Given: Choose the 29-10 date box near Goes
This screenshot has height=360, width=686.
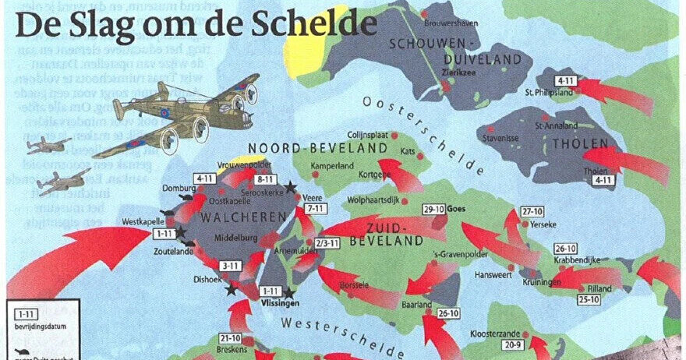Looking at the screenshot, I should pyautogui.click(x=433, y=209).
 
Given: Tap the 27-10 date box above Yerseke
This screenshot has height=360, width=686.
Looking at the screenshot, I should pyautogui.click(x=533, y=212).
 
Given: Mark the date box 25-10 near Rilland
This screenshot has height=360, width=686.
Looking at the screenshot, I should pyautogui.click(x=588, y=298).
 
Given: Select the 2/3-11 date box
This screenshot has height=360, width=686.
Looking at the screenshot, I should pyautogui.click(x=327, y=243).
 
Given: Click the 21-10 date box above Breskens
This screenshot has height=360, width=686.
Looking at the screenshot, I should pyautogui.click(x=231, y=338).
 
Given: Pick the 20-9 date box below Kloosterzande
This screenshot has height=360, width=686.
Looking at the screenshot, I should pyautogui.click(x=512, y=345).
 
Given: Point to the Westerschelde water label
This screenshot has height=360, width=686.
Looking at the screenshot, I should pyautogui.click(x=343, y=326).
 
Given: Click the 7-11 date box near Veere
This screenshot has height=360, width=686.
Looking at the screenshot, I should pyautogui.click(x=316, y=209).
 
